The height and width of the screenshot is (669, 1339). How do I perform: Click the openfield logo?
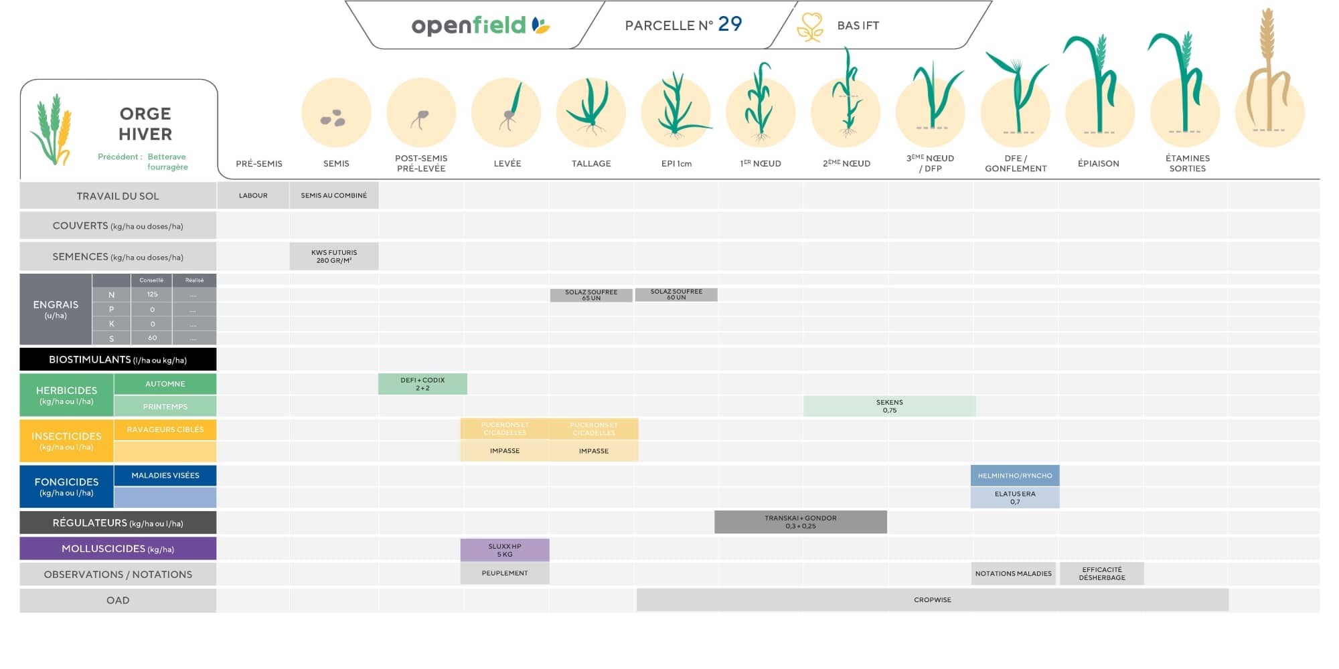tap(479, 25)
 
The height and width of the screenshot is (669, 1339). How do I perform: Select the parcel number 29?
tap(730, 24)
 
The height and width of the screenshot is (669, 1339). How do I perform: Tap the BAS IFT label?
tap(858, 25)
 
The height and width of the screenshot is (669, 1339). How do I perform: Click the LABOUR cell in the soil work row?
tap(253, 195)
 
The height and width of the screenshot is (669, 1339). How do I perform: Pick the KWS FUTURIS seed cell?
tap(334, 256)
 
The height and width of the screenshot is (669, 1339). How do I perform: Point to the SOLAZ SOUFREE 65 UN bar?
tap(591, 295)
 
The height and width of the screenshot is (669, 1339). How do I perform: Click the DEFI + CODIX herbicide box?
tap(422, 384)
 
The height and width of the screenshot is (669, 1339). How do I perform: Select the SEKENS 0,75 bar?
tap(889, 406)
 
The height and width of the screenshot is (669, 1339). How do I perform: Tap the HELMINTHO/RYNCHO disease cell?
tap(1014, 476)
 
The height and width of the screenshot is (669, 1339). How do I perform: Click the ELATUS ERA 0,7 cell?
tap(1014, 498)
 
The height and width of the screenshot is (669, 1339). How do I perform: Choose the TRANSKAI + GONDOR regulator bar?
tap(800, 522)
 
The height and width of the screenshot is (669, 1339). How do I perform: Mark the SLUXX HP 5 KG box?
tap(505, 550)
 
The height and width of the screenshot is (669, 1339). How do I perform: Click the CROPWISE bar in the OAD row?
tap(932, 600)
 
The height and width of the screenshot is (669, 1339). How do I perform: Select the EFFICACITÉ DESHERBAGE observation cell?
tap(1101, 574)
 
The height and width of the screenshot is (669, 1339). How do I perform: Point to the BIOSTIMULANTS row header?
tap(118, 359)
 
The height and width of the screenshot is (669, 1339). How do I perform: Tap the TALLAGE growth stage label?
tap(591, 163)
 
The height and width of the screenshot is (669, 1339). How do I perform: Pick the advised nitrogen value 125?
tap(152, 294)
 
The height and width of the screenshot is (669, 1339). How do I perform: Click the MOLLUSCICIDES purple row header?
tap(118, 549)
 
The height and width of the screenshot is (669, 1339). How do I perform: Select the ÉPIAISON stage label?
tap(1098, 163)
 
